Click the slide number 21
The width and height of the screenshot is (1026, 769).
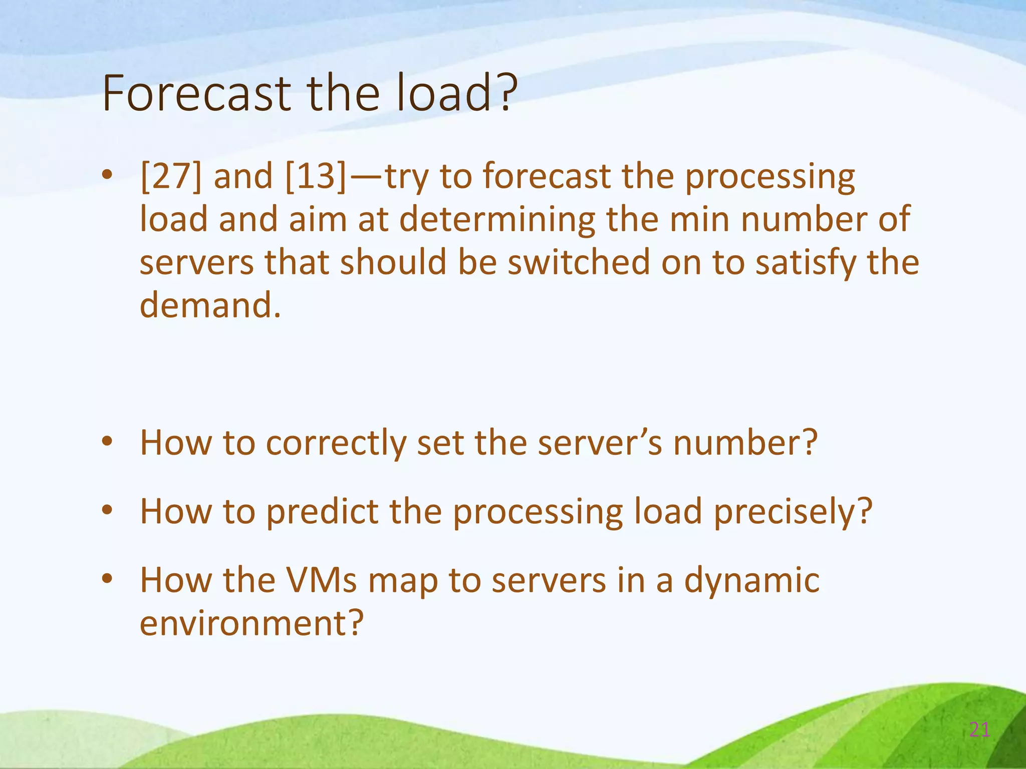point(979,730)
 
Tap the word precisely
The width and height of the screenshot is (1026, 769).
point(788,512)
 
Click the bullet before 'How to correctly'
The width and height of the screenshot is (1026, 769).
point(107,442)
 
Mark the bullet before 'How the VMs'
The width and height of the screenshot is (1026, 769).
point(107,579)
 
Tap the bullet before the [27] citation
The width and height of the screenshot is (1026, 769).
point(107,175)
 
